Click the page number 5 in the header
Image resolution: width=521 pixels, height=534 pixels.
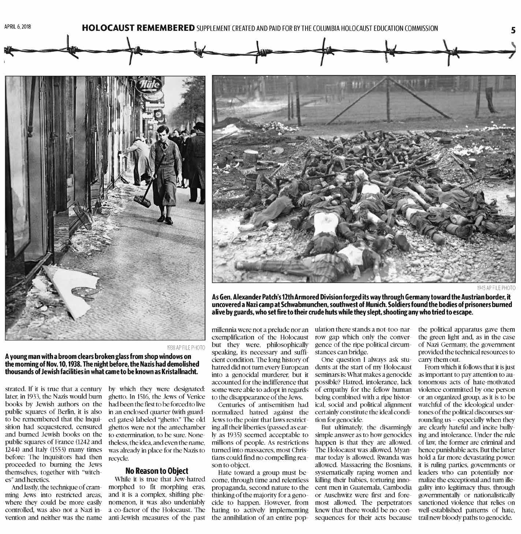[x=513, y=30]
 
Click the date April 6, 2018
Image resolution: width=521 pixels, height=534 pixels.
[x=18, y=27]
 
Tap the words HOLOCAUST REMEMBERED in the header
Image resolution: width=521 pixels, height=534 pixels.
[x=138, y=28]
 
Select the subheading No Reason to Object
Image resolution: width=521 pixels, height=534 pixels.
[x=157, y=471]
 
